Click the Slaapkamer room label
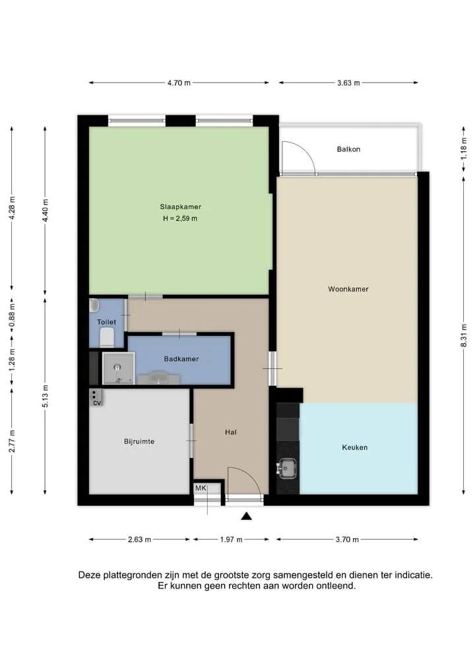[x=181, y=207]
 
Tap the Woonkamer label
[x=348, y=289]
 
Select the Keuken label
[x=355, y=447]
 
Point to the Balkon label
[x=348, y=149]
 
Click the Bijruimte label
[x=139, y=441]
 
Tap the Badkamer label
[x=181, y=359]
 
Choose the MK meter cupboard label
[x=201, y=488]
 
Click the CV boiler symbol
[x=96, y=398]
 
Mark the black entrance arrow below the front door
[x=246, y=516]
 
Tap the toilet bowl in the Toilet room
[x=107, y=337]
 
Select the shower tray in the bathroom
[x=119, y=368]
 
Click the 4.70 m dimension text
[x=179, y=83]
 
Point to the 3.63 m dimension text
[x=348, y=83]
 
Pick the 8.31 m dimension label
[x=464, y=336]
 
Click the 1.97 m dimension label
[x=231, y=540]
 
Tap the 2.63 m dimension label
[x=139, y=540]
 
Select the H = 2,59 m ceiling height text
[x=180, y=218]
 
